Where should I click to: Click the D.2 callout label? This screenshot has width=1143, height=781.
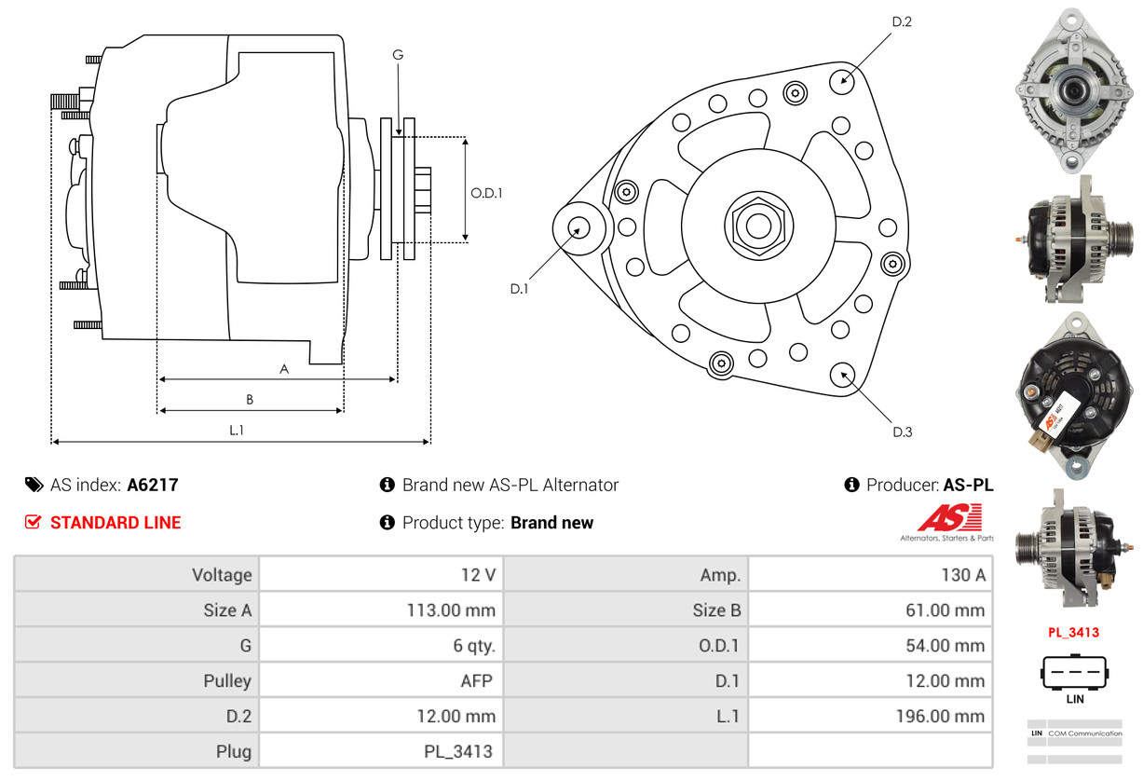point(901,21)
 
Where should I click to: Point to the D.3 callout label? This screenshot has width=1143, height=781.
point(902,432)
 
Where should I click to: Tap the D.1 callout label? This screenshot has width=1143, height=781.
point(519,289)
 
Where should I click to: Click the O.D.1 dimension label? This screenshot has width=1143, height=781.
point(486,193)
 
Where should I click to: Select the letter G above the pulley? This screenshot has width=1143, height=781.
point(398,55)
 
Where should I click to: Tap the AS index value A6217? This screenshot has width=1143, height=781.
point(153,485)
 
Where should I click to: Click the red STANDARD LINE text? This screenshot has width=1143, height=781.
point(116,523)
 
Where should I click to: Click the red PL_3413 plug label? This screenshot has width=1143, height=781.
point(1073,633)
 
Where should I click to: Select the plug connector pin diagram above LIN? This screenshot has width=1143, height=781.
point(1074,671)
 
